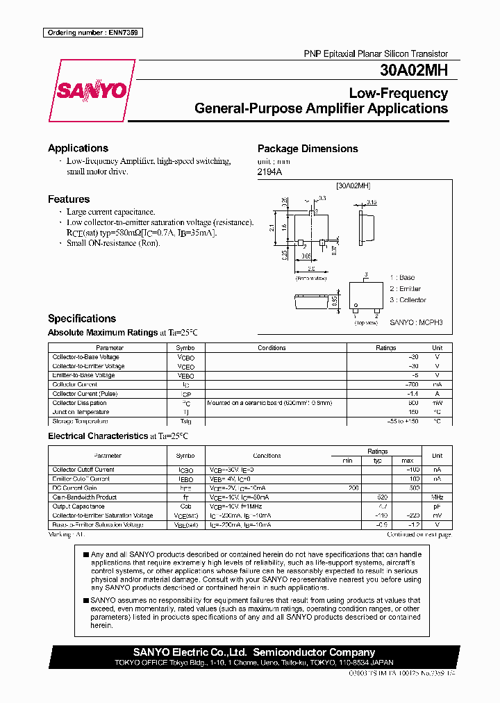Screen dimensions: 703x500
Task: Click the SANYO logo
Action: (x=91, y=90)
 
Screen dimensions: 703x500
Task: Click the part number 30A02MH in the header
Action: (x=414, y=70)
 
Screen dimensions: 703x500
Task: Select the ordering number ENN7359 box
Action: (x=92, y=33)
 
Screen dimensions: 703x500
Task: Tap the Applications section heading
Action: (x=78, y=148)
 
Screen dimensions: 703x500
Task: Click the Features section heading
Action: (x=69, y=199)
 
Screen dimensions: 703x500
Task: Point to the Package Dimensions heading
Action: (x=308, y=149)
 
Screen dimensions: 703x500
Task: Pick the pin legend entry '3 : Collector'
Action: (x=408, y=300)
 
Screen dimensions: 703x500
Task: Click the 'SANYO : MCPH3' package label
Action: (x=415, y=323)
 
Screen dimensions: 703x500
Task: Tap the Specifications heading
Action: (x=82, y=319)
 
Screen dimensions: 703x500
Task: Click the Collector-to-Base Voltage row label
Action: (x=85, y=357)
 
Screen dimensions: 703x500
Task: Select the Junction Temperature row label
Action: (x=81, y=412)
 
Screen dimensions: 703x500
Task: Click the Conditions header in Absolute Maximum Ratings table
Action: (x=272, y=348)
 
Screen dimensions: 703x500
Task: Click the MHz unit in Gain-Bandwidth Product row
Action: (x=437, y=497)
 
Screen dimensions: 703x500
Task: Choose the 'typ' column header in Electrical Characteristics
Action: (x=378, y=461)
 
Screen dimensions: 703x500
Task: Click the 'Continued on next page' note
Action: (x=419, y=535)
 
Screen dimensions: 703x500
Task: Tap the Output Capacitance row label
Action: (x=78, y=506)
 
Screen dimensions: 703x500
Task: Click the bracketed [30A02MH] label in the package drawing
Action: (x=353, y=186)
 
